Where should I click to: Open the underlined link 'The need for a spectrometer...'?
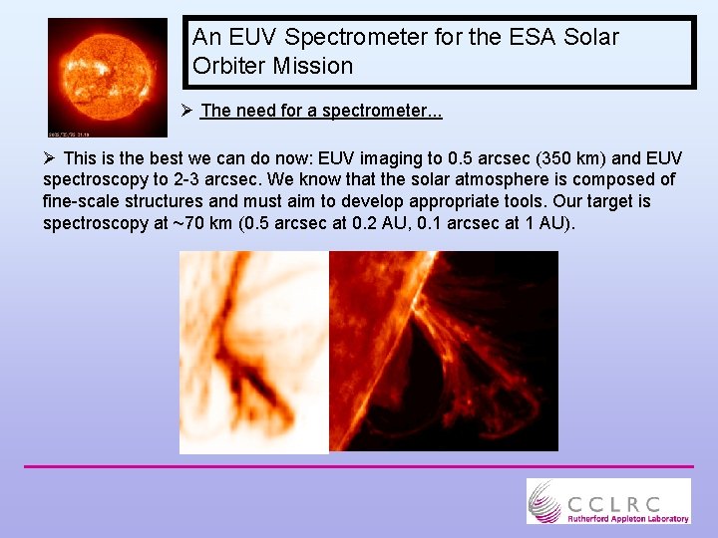tap(321, 111)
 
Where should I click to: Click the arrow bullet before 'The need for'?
tap(187, 111)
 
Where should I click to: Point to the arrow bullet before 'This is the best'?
tap(50, 158)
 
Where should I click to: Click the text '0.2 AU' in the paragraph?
tap(374, 224)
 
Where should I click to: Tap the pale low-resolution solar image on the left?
tap(253, 352)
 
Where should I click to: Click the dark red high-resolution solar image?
tap(444, 352)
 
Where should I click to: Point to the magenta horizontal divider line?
tap(359, 465)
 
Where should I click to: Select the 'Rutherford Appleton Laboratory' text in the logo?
tap(627, 518)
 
